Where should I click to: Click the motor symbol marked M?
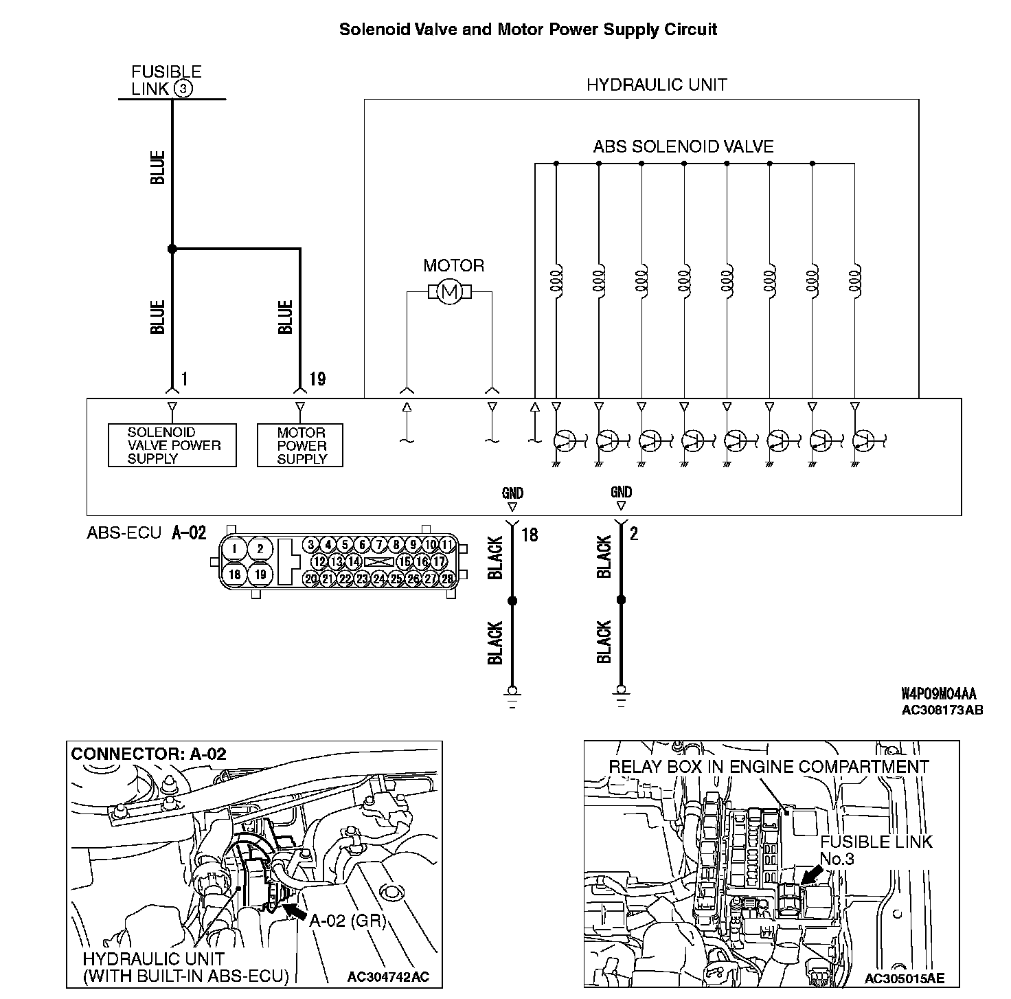(449, 292)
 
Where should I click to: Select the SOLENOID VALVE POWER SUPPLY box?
(172, 445)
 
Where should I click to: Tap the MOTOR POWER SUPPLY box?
(300, 445)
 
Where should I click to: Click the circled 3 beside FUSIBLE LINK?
(183, 89)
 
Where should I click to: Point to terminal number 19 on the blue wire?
(317, 379)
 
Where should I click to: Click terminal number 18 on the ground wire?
(530, 534)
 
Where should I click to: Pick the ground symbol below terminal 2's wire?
(621, 695)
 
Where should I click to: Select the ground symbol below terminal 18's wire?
(511, 695)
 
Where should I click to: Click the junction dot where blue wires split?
(172, 249)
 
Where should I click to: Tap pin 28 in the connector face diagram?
(447, 579)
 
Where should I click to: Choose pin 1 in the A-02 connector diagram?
(235, 548)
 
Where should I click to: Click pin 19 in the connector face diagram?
(260, 574)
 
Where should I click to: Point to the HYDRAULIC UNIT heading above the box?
(656, 85)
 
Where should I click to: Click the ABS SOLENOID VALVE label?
(683, 146)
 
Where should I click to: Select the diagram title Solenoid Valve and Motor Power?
(528, 30)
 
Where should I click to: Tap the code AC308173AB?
(942, 710)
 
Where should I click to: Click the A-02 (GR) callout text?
(348, 921)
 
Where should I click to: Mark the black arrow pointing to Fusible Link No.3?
(812, 875)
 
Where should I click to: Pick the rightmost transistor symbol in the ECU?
(863, 440)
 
